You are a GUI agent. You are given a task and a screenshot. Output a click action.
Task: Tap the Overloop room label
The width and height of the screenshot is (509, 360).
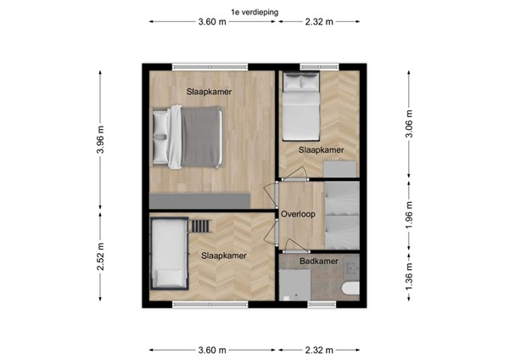click(x=299, y=215)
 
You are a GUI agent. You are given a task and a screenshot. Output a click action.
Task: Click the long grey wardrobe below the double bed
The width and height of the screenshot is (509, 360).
click(x=199, y=200)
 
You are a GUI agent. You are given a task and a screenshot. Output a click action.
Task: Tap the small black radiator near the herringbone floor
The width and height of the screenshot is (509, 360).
click(x=201, y=226)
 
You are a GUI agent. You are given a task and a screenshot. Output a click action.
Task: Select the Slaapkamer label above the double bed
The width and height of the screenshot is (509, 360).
click(x=210, y=92)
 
